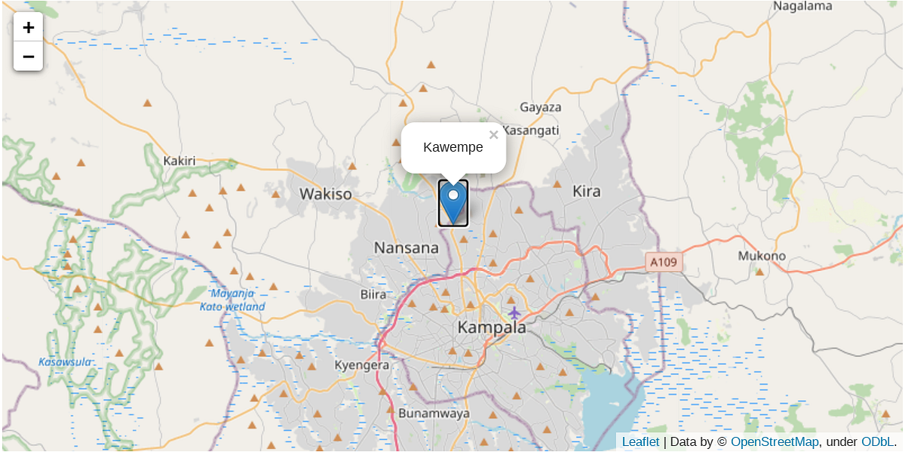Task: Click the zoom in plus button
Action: click(29, 27)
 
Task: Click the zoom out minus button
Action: click(29, 56)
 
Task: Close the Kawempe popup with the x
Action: click(493, 135)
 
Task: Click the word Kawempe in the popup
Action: click(452, 147)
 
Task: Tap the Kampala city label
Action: click(492, 328)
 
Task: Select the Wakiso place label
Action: click(325, 194)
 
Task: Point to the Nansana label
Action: click(406, 248)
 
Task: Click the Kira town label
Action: click(586, 191)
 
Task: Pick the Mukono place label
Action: click(762, 256)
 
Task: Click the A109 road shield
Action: click(664, 263)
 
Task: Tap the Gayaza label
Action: click(540, 107)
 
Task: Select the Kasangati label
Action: click(531, 131)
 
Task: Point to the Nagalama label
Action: click(802, 6)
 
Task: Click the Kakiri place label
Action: click(179, 161)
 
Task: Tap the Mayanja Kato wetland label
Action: click(232, 300)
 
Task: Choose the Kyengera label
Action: click(362, 365)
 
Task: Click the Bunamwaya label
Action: click(434, 414)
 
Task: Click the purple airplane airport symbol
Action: click(514, 312)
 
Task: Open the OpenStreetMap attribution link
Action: click(774, 442)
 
